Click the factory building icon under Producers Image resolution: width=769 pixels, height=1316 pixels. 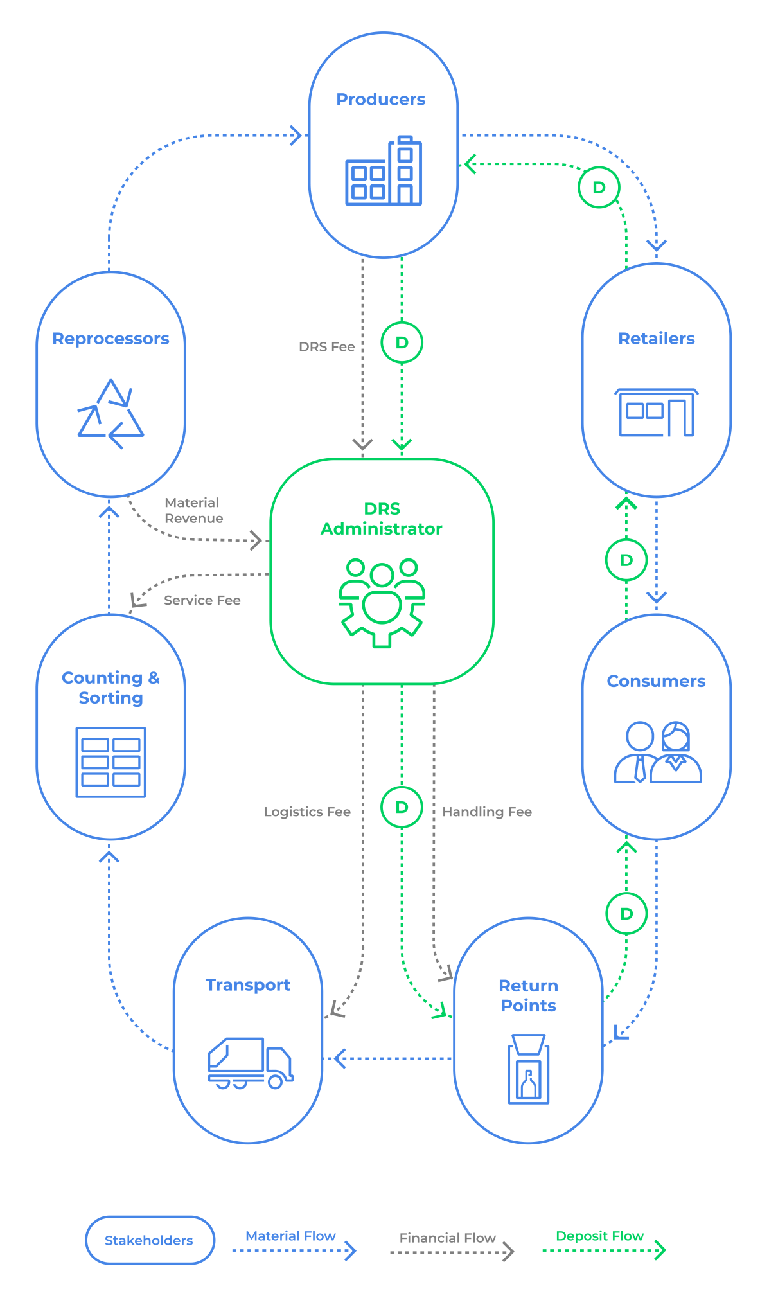pos(384,171)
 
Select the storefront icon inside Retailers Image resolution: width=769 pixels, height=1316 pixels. pos(656,413)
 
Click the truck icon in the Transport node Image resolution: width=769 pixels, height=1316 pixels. pos(250,1063)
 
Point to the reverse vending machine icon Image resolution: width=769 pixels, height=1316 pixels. pos(528,1069)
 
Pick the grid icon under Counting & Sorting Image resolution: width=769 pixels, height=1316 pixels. pos(110,762)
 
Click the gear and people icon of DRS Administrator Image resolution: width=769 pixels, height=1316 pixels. pos(382,603)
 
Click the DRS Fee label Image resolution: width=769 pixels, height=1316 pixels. pos(326,347)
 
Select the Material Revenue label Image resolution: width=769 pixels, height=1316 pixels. pos(193,511)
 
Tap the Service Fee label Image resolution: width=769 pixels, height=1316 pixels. pos(202,600)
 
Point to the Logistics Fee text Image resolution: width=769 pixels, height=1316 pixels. pos(307,812)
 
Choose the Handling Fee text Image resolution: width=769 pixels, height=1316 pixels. pos(487,812)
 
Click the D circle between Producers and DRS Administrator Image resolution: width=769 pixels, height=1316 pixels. pos(402,342)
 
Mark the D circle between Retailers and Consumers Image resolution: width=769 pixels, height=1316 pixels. pos(626,560)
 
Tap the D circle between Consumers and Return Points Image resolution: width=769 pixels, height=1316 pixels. pos(626,913)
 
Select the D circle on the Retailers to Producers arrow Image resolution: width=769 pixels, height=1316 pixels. pos(599,187)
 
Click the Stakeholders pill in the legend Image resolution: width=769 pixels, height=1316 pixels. pos(149,1240)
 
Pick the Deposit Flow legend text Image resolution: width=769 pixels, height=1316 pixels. pos(599,1236)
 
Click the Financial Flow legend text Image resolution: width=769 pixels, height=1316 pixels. pos(447,1238)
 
